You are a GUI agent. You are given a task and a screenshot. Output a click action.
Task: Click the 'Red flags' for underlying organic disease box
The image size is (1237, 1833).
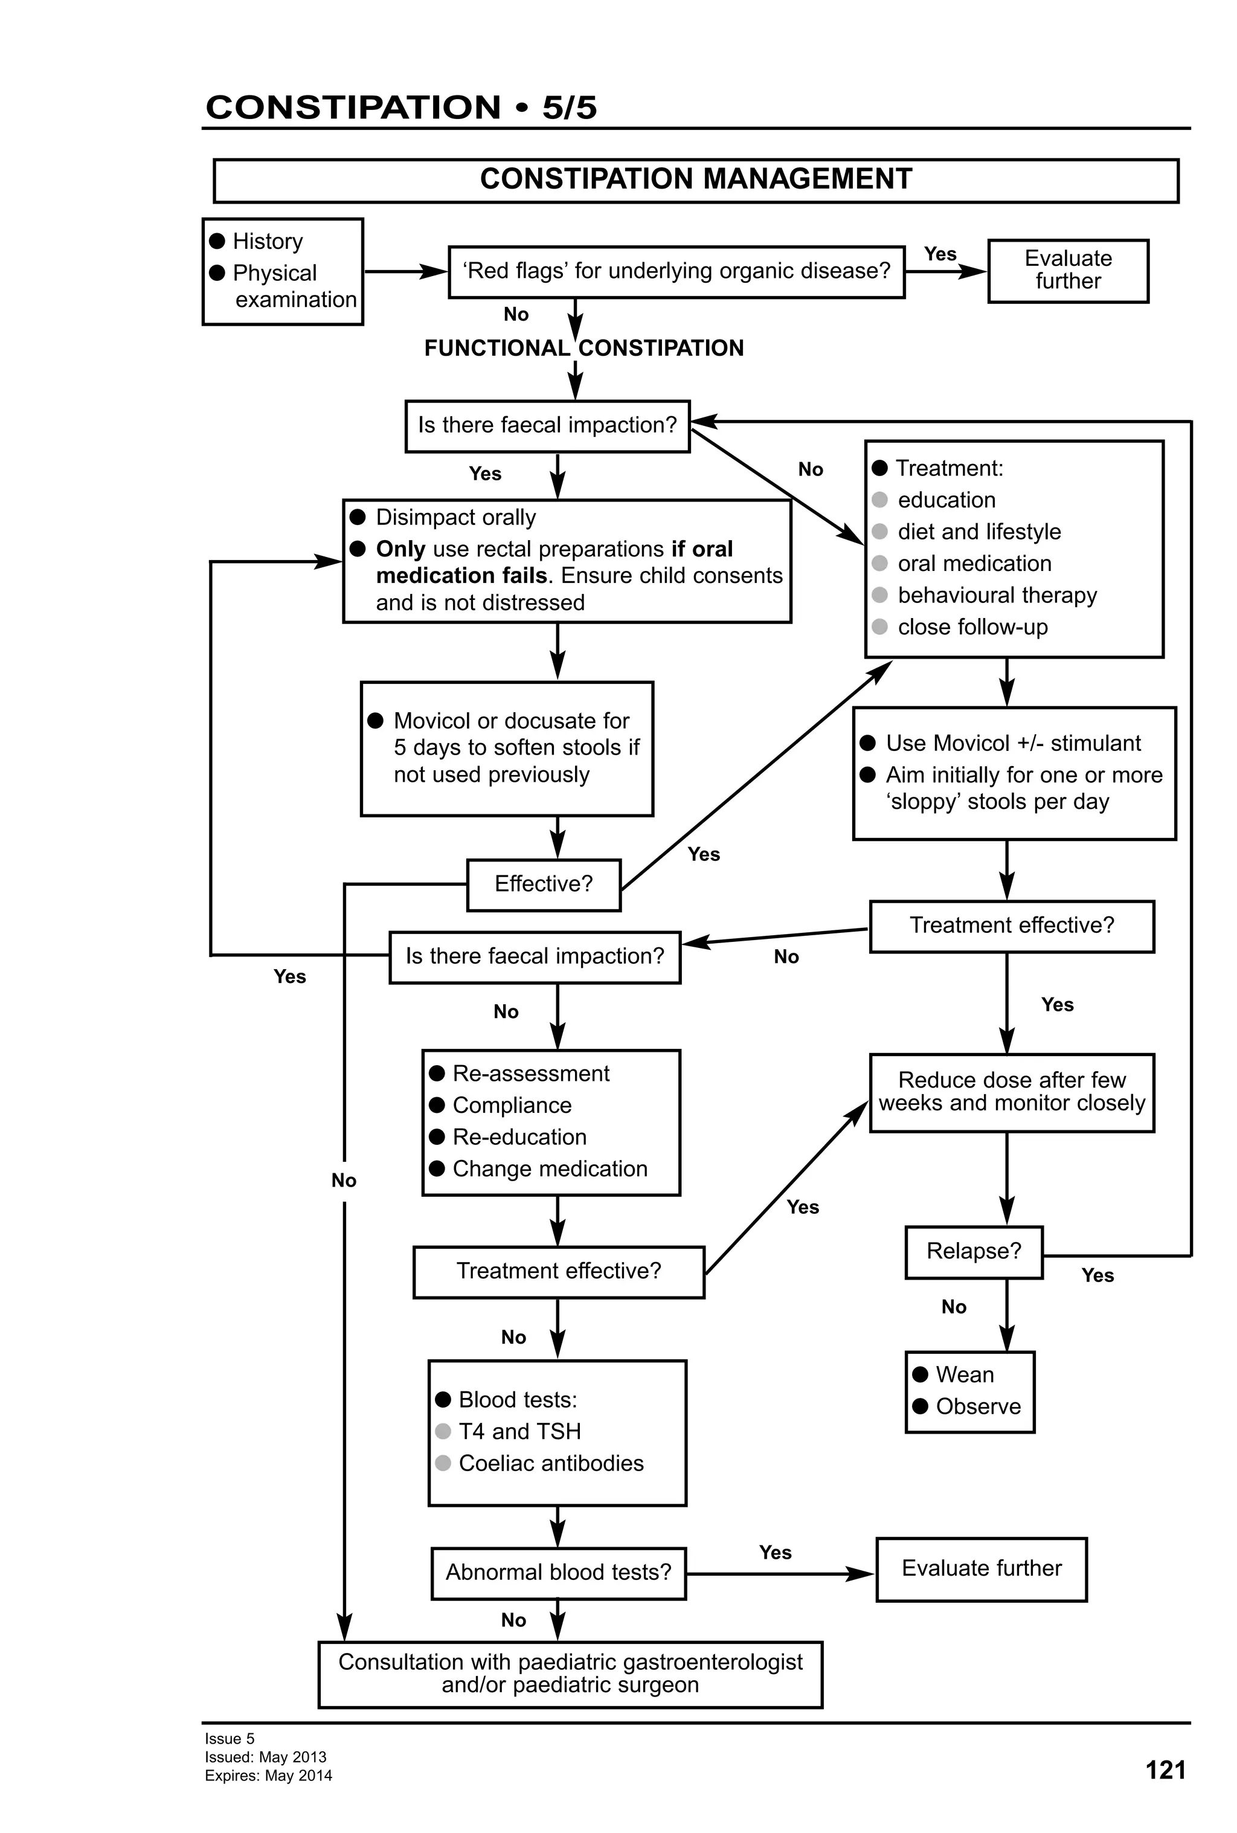676,271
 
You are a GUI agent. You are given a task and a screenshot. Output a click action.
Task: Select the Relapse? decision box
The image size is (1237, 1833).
973,1252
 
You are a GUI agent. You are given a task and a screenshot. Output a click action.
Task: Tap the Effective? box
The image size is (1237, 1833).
543,884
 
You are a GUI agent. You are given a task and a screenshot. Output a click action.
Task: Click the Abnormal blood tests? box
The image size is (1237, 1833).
558,1573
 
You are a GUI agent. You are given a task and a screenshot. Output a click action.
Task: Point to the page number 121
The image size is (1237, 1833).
1165,1770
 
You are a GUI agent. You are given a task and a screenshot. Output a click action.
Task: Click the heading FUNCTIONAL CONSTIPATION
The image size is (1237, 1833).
583,348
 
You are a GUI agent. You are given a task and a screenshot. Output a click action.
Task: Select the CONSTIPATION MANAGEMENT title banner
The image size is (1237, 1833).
695,180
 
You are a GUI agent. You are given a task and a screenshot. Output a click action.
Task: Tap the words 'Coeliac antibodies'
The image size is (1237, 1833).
550,1463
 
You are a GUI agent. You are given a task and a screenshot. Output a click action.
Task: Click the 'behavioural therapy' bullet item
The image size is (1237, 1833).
997,596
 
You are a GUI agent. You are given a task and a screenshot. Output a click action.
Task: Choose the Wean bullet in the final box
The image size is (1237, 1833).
963,1375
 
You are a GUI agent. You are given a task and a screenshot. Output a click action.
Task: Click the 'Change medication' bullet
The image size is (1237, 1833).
550,1169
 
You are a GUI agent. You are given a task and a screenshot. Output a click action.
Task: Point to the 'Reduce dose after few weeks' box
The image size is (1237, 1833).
1012,1092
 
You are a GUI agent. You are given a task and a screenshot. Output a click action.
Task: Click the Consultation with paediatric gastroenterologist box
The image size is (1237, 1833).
570,1673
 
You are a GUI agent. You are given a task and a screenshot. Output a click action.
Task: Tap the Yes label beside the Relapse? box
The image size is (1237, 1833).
1097,1275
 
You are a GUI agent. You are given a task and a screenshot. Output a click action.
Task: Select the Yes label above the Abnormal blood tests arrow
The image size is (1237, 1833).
775,1552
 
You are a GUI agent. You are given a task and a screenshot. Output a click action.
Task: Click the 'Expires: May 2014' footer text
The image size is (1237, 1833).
268,1776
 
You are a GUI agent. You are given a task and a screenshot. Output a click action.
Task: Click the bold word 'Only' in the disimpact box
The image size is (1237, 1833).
400,549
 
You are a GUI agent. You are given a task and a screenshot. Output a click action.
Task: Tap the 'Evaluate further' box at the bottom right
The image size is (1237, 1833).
981,1569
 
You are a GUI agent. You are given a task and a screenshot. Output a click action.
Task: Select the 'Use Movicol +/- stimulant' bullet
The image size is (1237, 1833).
1012,744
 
